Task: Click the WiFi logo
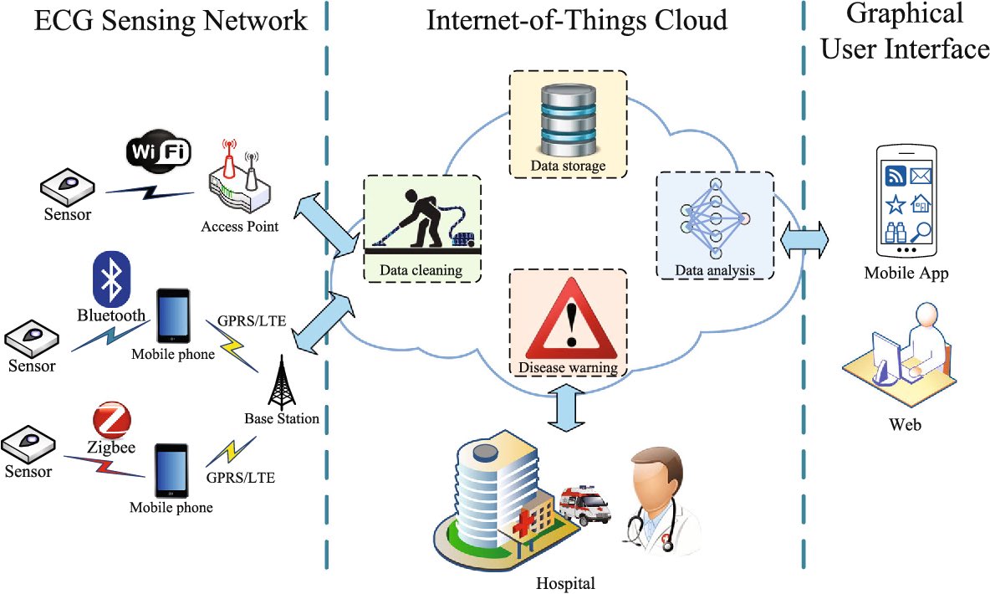(x=159, y=151)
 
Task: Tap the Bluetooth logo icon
(x=111, y=279)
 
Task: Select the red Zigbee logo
(x=112, y=420)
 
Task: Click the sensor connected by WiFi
(x=68, y=187)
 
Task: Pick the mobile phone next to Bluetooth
(x=173, y=316)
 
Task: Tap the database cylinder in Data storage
(x=568, y=120)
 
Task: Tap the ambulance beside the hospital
(x=584, y=504)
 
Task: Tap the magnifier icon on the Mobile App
(x=921, y=232)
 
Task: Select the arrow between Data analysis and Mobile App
(x=804, y=240)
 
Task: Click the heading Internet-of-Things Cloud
(x=577, y=20)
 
